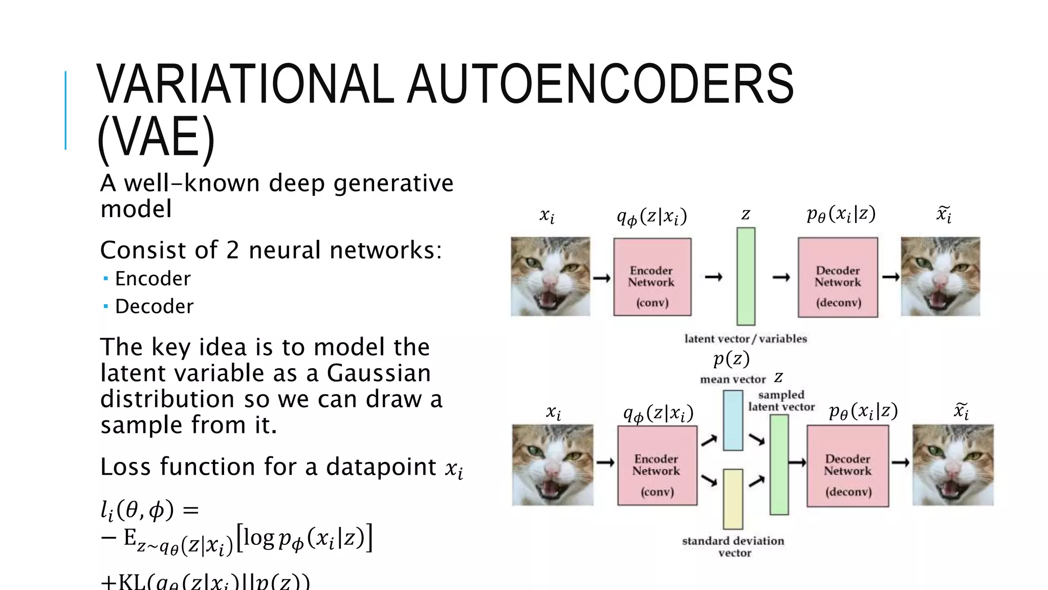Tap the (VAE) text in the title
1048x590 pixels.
(x=156, y=137)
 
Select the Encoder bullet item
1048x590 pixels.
(x=152, y=279)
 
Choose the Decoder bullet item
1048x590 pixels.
(x=154, y=306)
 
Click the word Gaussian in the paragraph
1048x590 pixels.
(x=379, y=373)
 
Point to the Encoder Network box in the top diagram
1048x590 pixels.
(x=652, y=277)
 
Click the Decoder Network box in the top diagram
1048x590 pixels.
(x=838, y=277)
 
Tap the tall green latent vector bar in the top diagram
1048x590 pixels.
(x=746, y=277)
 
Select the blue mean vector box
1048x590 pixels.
(x=733, y=420)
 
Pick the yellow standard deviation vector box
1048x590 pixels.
(x=733, y=499)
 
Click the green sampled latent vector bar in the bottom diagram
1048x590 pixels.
(x=779, y=465)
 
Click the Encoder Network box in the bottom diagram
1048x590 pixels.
(x=657, y=466)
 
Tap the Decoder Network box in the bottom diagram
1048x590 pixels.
(x=847, y=466)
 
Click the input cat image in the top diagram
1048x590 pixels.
(x=550, y=277)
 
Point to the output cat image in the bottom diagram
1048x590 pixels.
(x=953, y=465)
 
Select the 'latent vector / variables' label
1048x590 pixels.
(x=746, y=339)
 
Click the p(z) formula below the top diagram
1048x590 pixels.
(x=731, y=359)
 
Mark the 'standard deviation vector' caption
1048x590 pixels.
(x=733, y=546)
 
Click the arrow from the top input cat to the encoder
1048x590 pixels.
(x=602, y=279)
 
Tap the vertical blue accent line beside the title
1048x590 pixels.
(x=65, y=110)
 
